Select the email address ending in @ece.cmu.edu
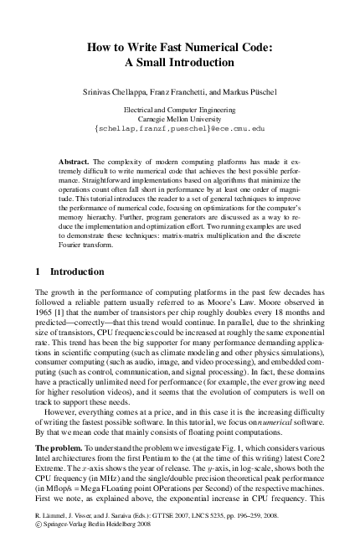tap(180, 129)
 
